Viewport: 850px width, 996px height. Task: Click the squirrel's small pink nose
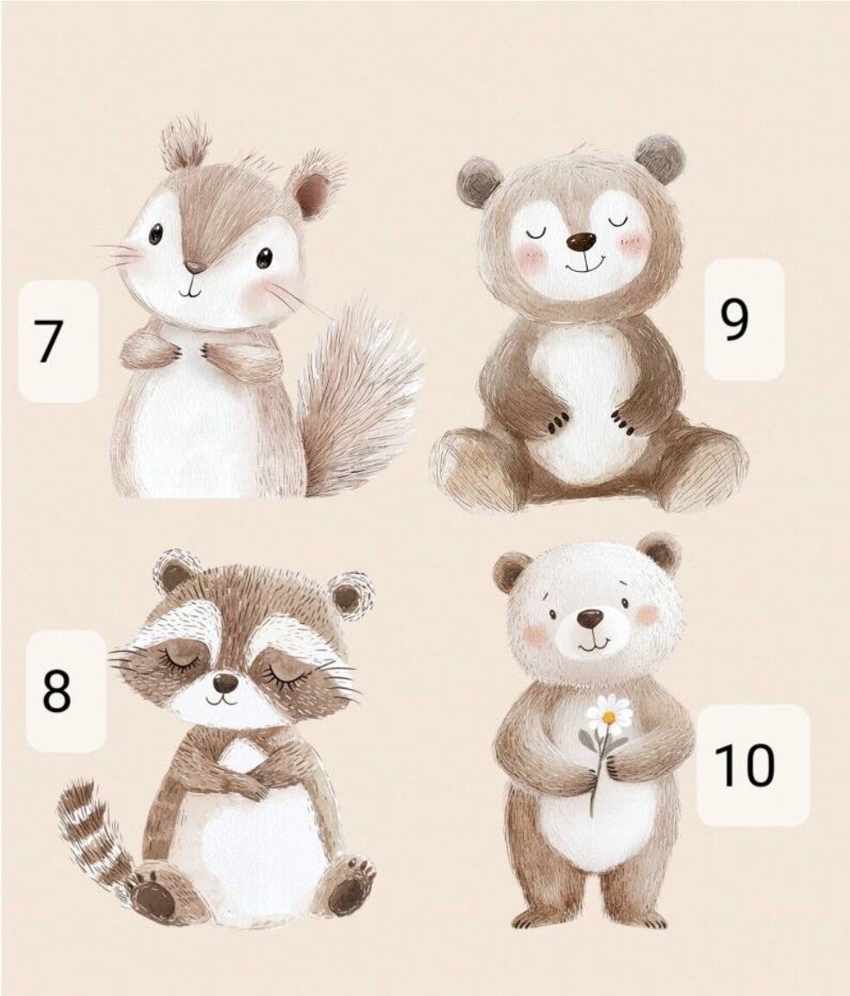click(x=194, y=267)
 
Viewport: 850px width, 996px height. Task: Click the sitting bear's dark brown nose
click(x=582, y=242)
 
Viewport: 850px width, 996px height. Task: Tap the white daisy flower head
click(x=609, y=715)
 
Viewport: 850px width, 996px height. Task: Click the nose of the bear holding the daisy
click(x=590, y=618)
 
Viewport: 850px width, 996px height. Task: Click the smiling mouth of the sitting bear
click(x=584, y=263)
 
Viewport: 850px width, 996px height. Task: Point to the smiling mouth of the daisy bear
click(x=594, y=644)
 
